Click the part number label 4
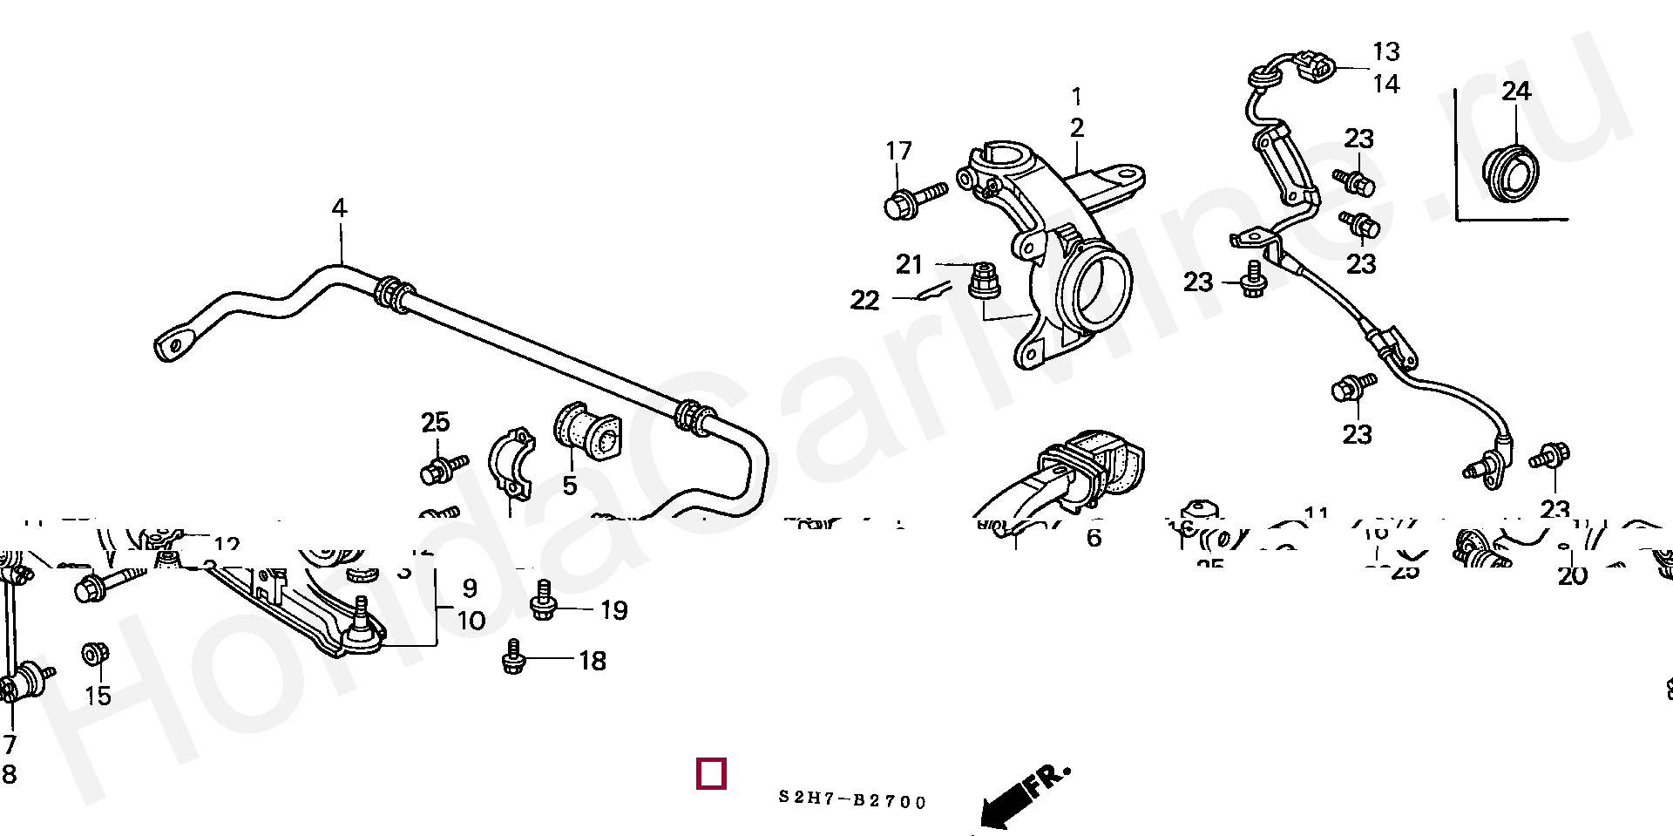pos(339,208)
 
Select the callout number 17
pos(898,151)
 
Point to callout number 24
pos(1516,91)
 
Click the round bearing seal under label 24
pos(1510,173)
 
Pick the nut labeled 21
pos(984,280)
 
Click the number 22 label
pos(864,301)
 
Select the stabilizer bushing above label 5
pos(587,432)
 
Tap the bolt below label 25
pos(443,469)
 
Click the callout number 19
pos(613,610)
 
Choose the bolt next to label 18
pos(514,658)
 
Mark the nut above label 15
pos(94,654)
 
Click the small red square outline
pos(711,773)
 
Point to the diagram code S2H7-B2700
pos(852,799)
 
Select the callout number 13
pos(1385,52)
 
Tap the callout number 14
pos(1385,85)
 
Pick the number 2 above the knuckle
pos(1077,128)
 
